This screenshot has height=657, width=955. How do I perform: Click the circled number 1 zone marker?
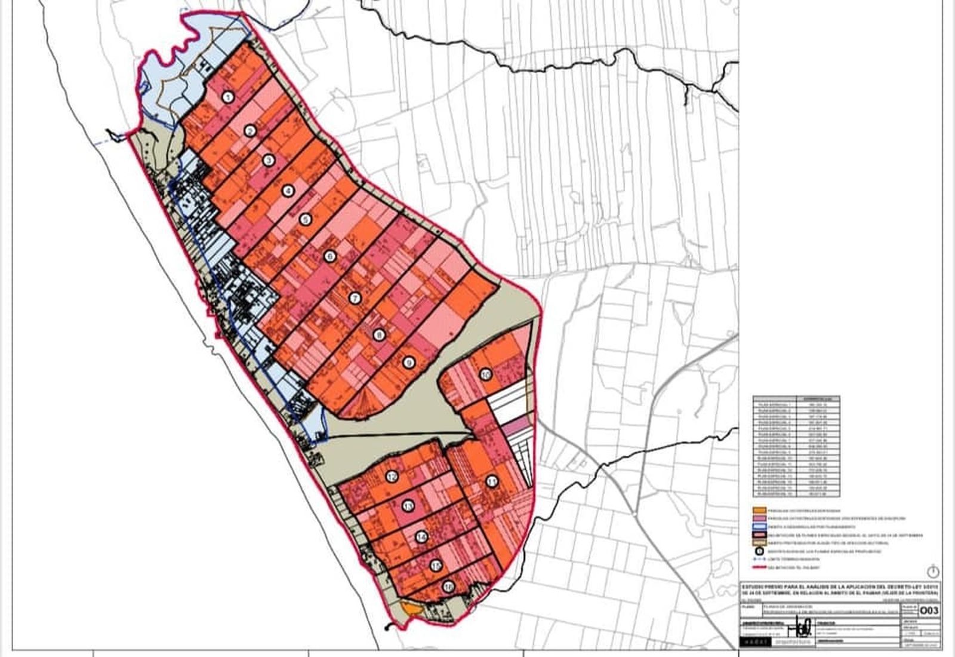tap(227, 97)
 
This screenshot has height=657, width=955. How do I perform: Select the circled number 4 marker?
tap(288, 191)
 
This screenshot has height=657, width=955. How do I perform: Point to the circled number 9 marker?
tap(408, 363)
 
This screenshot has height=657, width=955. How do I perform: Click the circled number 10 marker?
tap(485, 374)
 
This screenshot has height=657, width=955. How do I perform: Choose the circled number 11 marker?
tap(492, 482)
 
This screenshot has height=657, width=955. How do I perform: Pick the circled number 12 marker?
tap(392, 477)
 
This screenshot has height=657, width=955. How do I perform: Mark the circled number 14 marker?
tap(422, 537)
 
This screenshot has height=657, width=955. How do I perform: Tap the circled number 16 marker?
tap(448, 587)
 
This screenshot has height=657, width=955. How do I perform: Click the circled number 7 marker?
tap(355, 298)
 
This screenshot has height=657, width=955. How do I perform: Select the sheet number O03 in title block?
tap(930, 610)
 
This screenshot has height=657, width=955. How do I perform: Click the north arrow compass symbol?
tap(933, 570)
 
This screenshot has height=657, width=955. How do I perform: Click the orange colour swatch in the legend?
tap(759, 511)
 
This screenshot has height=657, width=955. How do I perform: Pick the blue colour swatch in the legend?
tap(759, 527)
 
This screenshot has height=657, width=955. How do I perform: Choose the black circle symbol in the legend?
tap(759, 552)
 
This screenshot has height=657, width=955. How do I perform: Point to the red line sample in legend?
tap(759, 569)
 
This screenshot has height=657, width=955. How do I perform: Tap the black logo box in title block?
tap(756, 642)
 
